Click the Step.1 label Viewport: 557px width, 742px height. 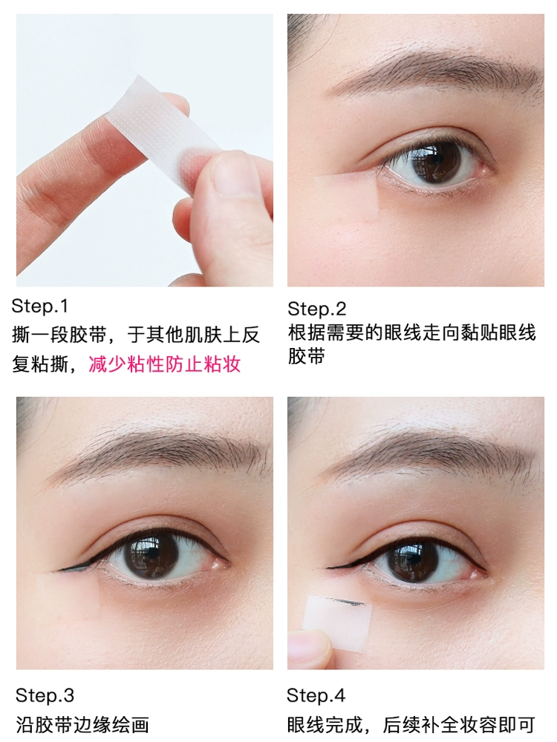[40, 306]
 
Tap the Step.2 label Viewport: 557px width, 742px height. [317, 309]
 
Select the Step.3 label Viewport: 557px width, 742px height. [45, 696]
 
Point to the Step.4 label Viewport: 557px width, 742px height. [316, 696]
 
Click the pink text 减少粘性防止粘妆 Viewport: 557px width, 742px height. [165, 364]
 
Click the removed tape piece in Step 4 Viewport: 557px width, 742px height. [338, 623]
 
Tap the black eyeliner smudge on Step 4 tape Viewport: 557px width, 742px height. [348, 603]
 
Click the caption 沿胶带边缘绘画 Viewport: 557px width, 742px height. [83, 725]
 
